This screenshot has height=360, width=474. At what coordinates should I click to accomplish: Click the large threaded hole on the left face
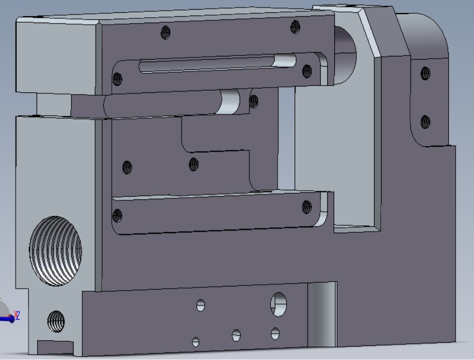56,251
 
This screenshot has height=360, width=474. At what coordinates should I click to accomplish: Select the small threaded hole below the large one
56,321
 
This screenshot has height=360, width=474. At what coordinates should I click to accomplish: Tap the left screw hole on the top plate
166,32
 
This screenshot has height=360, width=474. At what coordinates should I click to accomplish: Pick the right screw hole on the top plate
296,27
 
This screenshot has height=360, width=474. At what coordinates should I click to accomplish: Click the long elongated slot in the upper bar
218,63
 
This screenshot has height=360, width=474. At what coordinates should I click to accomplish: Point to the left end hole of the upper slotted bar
117,80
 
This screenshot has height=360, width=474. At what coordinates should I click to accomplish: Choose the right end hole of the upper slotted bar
307,71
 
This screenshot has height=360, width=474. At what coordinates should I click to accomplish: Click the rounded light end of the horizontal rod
231,102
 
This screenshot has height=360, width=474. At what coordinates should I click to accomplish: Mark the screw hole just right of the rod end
254,102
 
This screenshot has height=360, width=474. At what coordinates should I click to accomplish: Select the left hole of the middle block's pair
127,167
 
